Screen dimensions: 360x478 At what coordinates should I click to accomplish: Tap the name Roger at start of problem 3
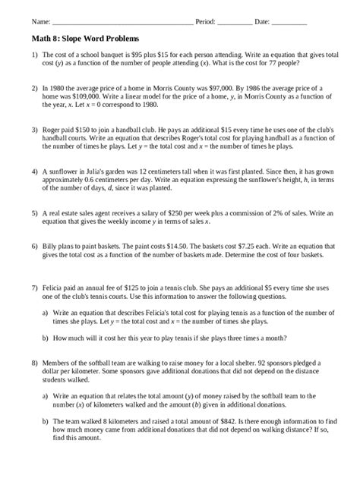pos(53,131)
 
